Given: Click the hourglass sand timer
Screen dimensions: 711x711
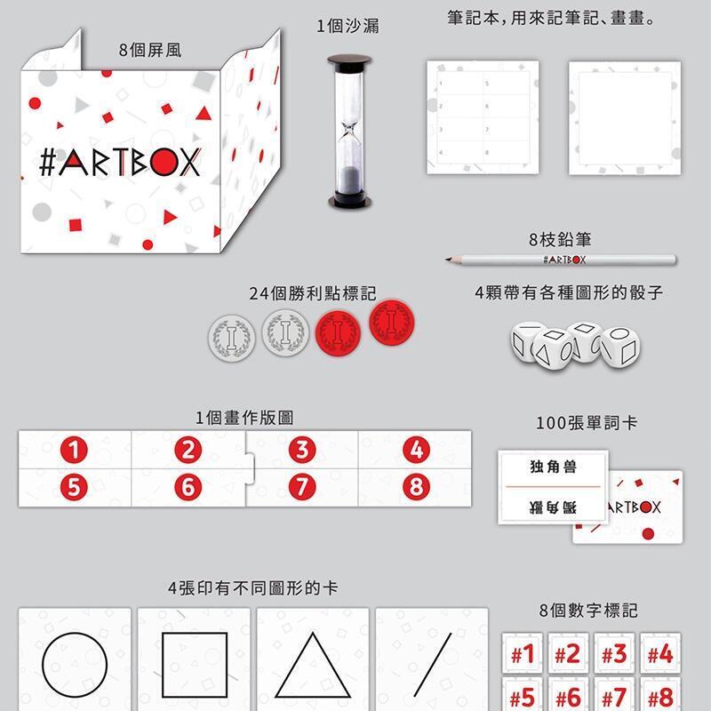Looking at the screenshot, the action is [349, 132].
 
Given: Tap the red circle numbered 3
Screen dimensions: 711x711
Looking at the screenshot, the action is [302, 450].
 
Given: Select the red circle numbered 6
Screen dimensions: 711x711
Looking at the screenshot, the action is [188, 487].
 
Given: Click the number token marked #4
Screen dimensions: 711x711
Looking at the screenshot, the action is [659, 653].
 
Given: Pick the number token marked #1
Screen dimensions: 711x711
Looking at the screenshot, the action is [523, 653].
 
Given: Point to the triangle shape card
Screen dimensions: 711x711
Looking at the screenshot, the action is [313, 659].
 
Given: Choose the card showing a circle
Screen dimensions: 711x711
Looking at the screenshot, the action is [75, 659].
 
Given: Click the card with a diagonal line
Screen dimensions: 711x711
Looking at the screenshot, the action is [432, 659].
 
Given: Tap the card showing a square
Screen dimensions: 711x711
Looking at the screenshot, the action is [194, 659].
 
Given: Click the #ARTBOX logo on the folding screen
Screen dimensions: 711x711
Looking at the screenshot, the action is [120, 162].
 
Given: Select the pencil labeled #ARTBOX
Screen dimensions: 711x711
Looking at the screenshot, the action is [561, 260].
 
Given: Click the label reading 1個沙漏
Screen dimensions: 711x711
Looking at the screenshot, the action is [348, 26].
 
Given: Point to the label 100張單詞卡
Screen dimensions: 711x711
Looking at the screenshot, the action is [587, 423].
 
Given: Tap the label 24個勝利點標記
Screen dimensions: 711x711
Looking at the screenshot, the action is [313, 293].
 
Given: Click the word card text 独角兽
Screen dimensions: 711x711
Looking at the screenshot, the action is [553, 466].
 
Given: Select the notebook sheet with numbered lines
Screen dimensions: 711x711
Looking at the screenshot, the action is [483, 117].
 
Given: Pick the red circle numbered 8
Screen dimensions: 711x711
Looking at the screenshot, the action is [416, 487].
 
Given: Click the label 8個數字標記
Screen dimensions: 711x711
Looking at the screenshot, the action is [588, 611].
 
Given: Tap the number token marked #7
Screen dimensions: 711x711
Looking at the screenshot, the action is [614, 695].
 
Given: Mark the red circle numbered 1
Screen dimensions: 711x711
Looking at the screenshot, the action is [74, 450].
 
